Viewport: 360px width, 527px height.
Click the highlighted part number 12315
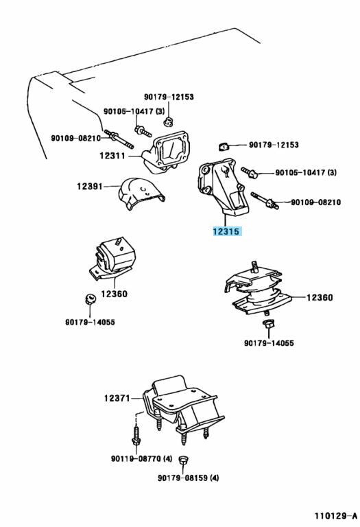click(x=226, y=232)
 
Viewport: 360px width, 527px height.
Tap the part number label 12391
click(x=90, y=185)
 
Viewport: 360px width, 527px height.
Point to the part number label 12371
click(x=118, y=398)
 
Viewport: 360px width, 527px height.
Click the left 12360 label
click(x=115, y=294)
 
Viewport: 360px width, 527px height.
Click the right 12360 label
click(x=320, y=298)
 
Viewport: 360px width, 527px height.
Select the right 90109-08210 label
click(x=315, y=202)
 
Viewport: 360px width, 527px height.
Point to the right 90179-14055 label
click(x=269, y=343)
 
